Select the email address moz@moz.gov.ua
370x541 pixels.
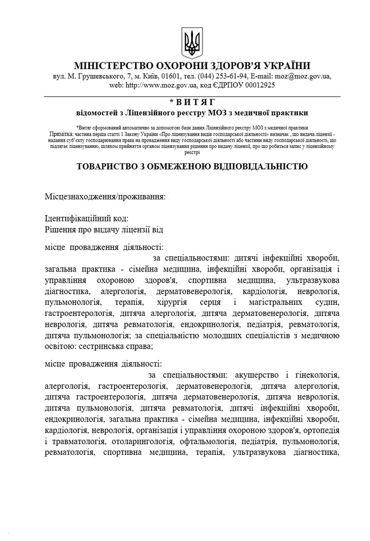tap(303, 77)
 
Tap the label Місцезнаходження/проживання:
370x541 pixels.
tap(105, 197)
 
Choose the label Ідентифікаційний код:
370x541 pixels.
tap(87, 218)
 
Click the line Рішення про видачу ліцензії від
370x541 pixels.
tap(104, 230)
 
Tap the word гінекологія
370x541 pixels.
tap(313, 376)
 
